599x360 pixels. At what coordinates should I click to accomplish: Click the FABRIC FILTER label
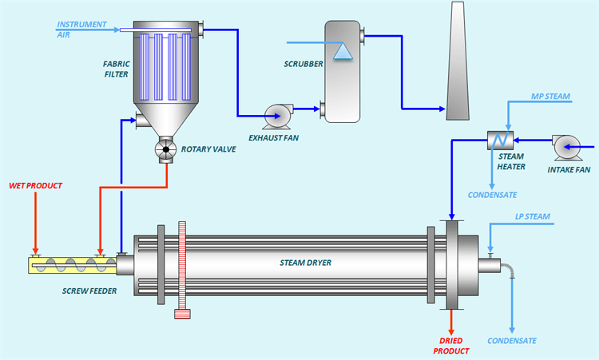click(x=117, y=69)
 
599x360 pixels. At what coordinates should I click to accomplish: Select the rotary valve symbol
click(x=167, y=149)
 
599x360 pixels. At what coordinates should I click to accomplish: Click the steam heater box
click(x=501, y=140)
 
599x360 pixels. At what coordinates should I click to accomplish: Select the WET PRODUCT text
click(x=35, y=186)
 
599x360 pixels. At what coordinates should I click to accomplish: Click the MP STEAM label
click(x=551, y=97)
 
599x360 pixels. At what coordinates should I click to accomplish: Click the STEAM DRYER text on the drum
click(x=305, y=262)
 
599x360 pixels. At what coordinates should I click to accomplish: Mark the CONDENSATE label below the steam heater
click(x=491, y=195)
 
